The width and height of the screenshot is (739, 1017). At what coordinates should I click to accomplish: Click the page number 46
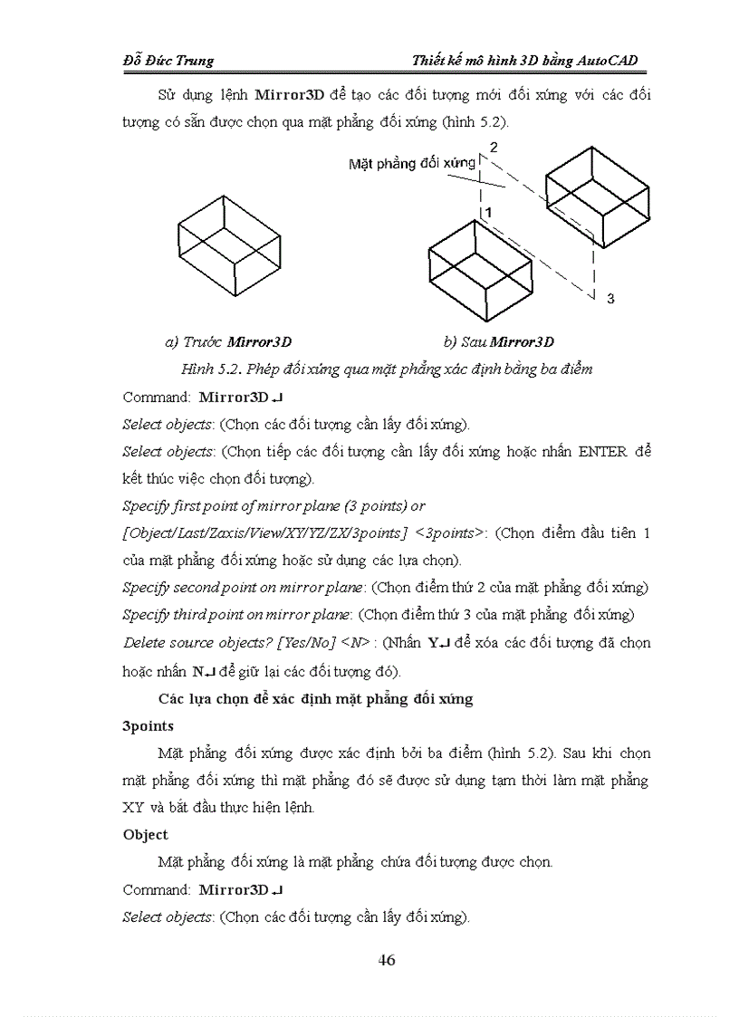point(387,960)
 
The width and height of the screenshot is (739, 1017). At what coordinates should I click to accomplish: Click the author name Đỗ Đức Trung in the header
point(168,61)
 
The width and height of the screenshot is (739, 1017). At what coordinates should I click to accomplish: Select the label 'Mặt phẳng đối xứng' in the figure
point(412,164)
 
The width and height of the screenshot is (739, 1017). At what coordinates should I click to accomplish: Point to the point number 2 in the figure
point(494,146)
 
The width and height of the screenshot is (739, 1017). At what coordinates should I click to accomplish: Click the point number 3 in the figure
point(610,298)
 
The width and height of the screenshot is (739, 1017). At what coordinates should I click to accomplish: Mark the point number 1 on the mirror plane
point(487,212)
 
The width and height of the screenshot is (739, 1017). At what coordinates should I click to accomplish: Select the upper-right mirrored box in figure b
point(597,193)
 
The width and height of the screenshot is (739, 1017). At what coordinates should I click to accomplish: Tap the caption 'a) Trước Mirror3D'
point(228,341)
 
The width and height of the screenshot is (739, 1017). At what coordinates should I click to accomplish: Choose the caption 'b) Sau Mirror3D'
point(498,341)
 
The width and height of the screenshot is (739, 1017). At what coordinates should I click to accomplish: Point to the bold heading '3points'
point(149,725)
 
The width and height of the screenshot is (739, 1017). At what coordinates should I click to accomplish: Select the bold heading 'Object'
point(146,834)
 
